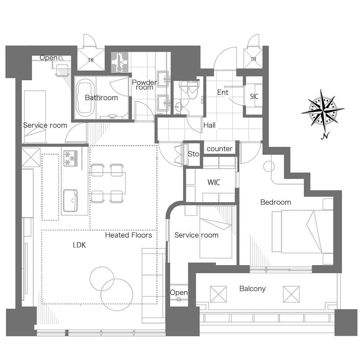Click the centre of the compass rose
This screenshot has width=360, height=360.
coord(323,111)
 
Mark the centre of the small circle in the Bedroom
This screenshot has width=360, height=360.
coord(269,166)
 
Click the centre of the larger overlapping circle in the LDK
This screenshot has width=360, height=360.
coord(117,295)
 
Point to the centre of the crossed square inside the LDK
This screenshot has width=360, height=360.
coord(31,157)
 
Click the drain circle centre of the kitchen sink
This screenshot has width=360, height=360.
coord(74,201)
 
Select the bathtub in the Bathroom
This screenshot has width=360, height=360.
coord(85,98)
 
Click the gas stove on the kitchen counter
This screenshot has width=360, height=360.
coord(71,158)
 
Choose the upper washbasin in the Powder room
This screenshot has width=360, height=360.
coord(163,79)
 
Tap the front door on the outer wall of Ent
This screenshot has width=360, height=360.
coord(225,59)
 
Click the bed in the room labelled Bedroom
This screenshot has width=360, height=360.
coord(302,231)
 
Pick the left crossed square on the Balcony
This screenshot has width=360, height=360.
coord(219,294)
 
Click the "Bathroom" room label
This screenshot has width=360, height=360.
coord(101,98)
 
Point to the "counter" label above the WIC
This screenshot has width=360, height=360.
coord(220,149)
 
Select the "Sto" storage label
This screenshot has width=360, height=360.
coord(193,154)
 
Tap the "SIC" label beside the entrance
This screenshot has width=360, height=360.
coord(254,96)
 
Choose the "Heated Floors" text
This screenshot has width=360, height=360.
coord(129,235)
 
